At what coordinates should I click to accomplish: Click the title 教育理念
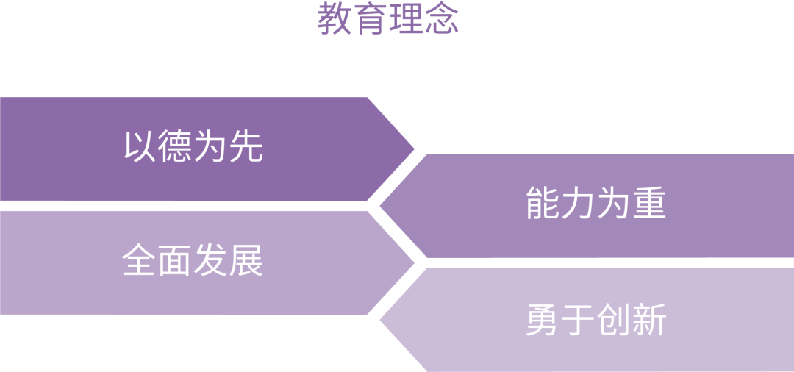pos(388,20)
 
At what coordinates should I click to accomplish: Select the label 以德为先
pos(193,147)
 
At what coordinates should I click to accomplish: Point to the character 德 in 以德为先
pos(176,147)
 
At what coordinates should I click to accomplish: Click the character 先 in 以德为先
pos(246,147)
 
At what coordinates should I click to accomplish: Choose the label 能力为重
pos(595,204)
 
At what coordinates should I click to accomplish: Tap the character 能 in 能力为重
pos(543,204)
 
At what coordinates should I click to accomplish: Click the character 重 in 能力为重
pos(648,204)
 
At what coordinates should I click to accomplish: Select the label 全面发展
pos(193,261)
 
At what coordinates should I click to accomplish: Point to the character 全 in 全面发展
pos(140,261)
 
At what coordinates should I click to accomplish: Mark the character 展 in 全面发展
pos(246,261)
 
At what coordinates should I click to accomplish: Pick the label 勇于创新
pos(595,320)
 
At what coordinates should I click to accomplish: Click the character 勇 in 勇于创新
pos(543,320)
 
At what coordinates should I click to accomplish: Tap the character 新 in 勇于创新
pos(648,320)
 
